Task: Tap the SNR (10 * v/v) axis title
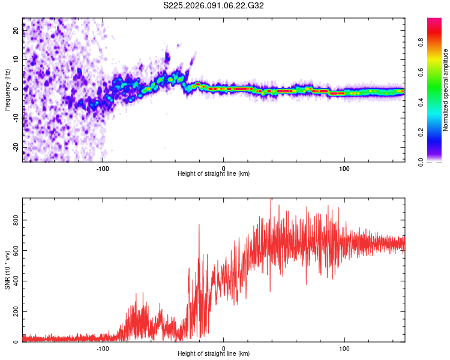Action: (7, 270)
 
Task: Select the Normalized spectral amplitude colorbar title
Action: (446, 90)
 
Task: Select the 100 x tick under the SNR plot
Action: (344, 348)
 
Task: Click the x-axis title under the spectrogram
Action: (214, 174)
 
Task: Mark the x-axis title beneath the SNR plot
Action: (214, 354)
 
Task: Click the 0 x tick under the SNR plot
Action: (224, 348)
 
